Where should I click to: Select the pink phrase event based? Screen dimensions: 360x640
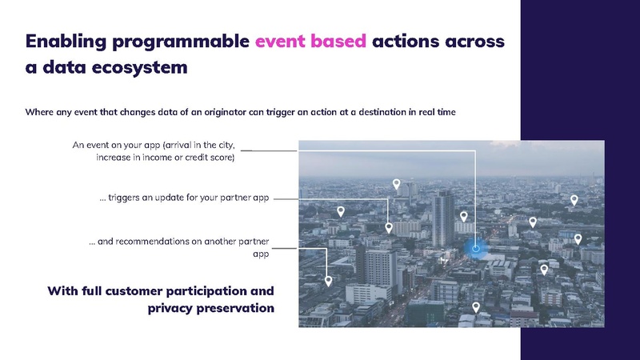point(310,41)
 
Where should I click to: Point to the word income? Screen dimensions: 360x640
point(162,158)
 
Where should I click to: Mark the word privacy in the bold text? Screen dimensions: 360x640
point(176,307)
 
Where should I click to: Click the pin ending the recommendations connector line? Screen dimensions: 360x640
point(328,282)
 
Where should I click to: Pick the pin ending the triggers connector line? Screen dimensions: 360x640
point(389,227)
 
